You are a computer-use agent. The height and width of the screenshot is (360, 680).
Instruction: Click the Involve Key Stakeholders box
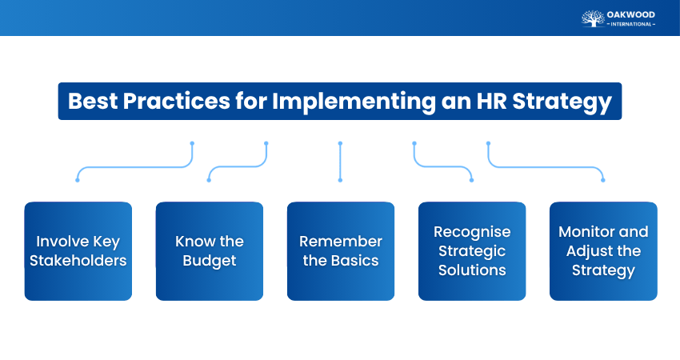(x=78, y=250)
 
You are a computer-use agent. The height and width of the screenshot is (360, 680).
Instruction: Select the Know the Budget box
(x=209, y=250)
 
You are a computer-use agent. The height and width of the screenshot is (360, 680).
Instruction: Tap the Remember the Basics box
(x=340, y=250)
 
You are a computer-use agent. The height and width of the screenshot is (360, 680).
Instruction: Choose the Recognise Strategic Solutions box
(x=472, y=250)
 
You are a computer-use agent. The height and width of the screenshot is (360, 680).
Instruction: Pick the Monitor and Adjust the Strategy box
(x=603, y=250)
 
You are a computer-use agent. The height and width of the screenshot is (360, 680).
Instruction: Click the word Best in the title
(x=90, y=102)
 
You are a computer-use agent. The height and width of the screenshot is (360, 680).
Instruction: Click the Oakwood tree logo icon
(x=592, y=18)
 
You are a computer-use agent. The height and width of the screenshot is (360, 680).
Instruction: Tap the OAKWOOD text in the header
(x=631, y=14)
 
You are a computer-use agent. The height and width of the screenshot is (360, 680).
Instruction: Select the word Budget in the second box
(x=209, y=260)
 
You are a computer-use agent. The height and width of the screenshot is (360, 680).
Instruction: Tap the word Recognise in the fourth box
(x=472, y=231)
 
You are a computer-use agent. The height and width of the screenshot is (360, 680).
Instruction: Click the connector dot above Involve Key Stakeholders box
(x=78, y=179)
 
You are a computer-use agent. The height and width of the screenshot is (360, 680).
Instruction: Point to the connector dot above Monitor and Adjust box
(x=603, y=179)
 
